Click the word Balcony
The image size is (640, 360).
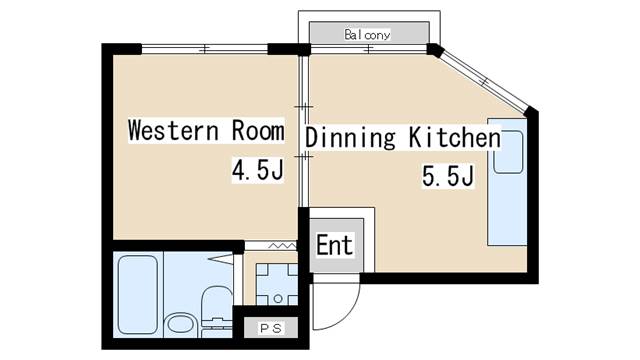pyautogui.click(x=367, y=35)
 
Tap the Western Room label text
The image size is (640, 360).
pyautogui.click(x=206, y=130)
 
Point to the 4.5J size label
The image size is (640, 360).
pyautogui.click(x=258, y=170)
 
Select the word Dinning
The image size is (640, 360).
pyautogui.click(x=350, y=137)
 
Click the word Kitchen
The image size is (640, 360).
pyautogui.click(x=455, y=137)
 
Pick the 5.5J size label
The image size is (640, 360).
pyautogui.click(x=448, y=176)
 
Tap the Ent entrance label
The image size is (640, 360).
pyautogui.click(x=334, y=245)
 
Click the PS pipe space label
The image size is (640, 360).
pyautogui.click(x=271, y=328)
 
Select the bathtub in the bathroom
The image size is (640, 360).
pyautogui.click(x=138, y=294)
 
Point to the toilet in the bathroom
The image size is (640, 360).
pyautogui.click(x=216, y=310)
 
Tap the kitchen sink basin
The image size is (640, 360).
pyautogui.click(x=508, y=152)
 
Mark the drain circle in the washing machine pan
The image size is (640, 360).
pyautogui.click(x=278, y=299)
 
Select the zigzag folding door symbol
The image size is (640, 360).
pyautogui.click(x=282, y=245)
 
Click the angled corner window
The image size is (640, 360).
pyautogui.click(x=484, y=80)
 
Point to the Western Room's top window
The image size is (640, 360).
pyautogui.click(x=204, y=49)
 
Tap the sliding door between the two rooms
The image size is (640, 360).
pyautogui.click(x=303, y=131)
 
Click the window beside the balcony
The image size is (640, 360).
pyautogui.click(x=369, y=49)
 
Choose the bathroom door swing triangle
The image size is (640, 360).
pyautogui.click(x=221, y=259)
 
